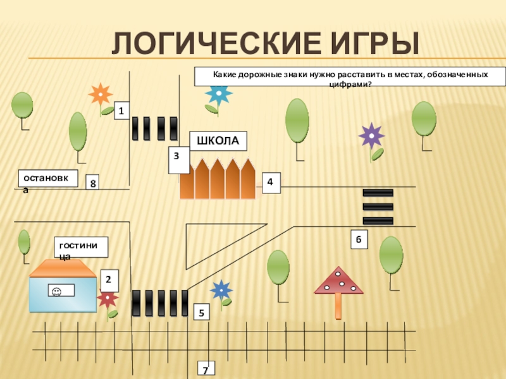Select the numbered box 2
109,279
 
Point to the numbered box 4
270,182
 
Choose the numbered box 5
201,312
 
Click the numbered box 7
206,370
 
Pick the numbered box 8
94,183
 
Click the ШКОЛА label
218,141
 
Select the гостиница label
82,246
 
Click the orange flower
100,95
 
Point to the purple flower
371,136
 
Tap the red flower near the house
108,298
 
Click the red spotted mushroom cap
339,282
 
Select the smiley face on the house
56,291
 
